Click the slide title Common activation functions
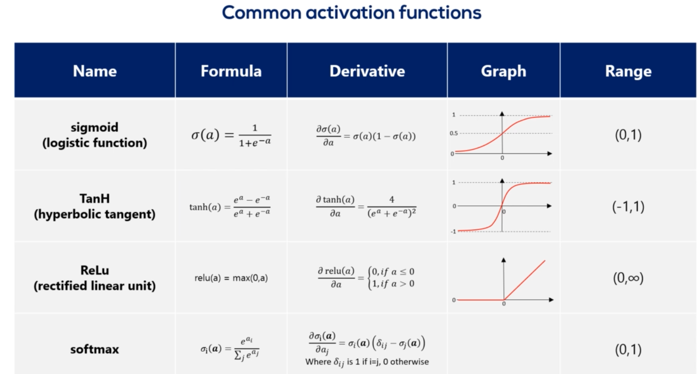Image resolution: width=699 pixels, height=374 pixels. click(x=352, y=13)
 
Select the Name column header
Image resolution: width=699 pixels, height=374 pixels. click(x=95, y=71)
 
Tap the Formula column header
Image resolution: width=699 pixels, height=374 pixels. click(x=231, y=71)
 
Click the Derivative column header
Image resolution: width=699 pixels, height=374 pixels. click(x=367, y=71)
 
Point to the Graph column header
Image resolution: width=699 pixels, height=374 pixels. click(x=504, y=72)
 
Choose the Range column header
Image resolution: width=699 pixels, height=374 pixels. click(x=629, y=72)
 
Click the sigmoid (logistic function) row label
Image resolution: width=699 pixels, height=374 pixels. click(x=94, y=135)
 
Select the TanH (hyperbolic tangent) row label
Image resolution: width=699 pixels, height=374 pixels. click(x=94, y=206)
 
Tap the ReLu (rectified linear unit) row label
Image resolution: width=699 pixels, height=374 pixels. click(x=94, y=278)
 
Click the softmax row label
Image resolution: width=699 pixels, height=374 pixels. click(x=94, y=350)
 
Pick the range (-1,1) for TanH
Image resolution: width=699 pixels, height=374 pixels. click(x=628, y=207)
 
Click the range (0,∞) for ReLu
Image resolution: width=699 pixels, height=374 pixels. click(x=628, y=278)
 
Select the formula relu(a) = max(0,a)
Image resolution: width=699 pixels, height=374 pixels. click(x=231, y=278)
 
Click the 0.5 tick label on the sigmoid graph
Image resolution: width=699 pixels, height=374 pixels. click(x=454, y=133)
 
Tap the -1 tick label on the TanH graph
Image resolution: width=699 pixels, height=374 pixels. click(x=453, y=232)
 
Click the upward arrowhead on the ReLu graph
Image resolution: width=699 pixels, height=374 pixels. click(x=503, y=260)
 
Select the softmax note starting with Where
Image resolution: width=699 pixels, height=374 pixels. click(x=367, y=362)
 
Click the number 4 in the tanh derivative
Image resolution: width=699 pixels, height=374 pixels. click(x=392, y=199)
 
